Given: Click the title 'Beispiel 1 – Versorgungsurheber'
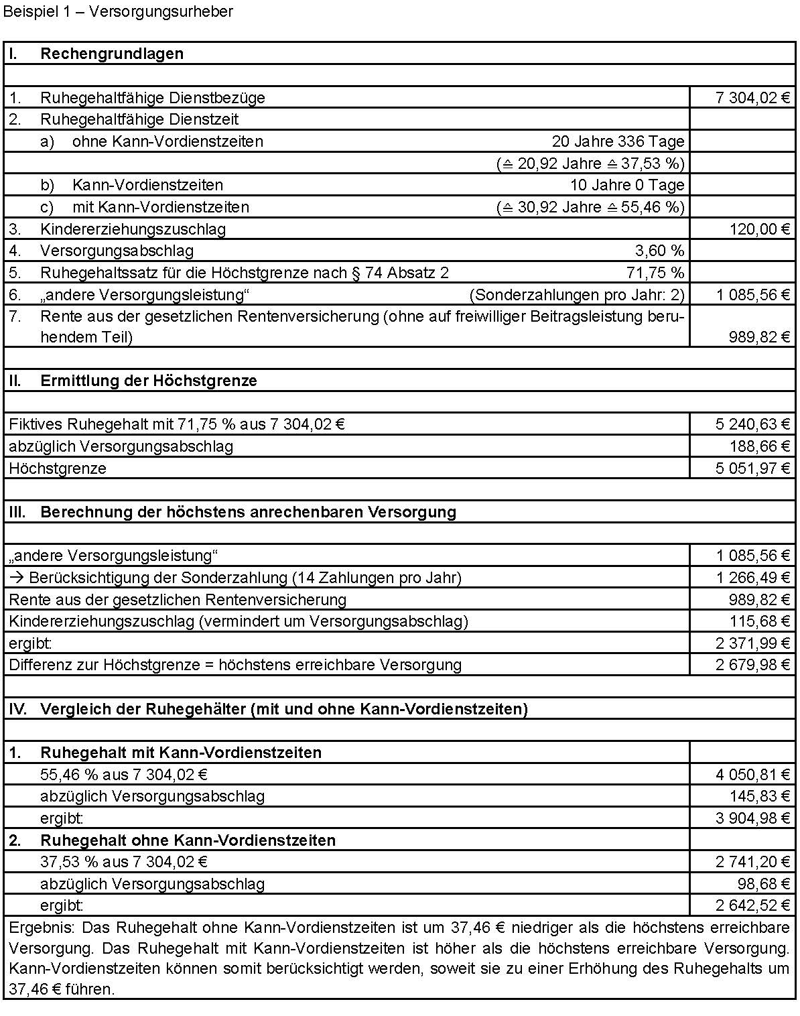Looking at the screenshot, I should click(119, 11).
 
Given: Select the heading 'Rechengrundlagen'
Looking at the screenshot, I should click(112, 54).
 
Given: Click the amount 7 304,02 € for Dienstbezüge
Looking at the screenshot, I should click(752, 98).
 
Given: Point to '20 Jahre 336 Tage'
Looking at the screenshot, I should click(618, 141).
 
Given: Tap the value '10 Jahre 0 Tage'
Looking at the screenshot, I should click(627, 185).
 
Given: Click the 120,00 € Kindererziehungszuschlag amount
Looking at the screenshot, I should click(760, 229).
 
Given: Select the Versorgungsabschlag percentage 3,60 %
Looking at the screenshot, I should click(659, 251).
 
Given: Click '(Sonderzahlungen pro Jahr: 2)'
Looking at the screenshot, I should click(577, 295).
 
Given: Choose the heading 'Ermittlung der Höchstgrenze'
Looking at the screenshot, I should click(149, 381).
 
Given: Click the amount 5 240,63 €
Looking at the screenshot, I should click(752, 424).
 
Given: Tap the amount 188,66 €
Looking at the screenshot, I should click(760, 446).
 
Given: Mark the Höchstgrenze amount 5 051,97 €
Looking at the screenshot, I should click(752, 468).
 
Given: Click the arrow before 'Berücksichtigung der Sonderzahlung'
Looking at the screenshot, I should click(17, 578).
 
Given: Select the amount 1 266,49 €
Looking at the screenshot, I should click(752, 578).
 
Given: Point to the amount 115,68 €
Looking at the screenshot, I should click(760, 621).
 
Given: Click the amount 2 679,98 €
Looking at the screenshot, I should click(752, 665).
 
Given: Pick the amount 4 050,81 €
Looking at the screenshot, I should click(752, 775).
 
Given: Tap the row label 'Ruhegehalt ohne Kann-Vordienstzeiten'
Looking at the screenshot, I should click(188, 840).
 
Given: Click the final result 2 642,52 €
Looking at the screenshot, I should click(752, 906).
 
